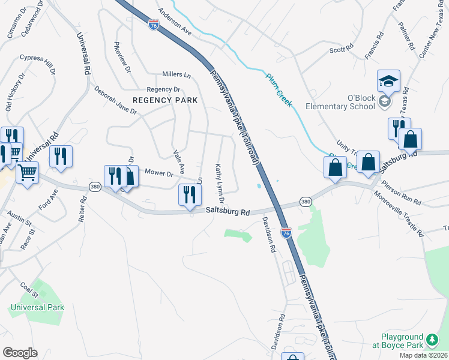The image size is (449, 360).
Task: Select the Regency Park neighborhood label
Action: pyautogui.click(x=165, y=100)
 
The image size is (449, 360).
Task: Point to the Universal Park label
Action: pyautogui.click(x=37, y=307)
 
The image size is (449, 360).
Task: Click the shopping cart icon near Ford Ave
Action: pyautogui.click(x=27, y=173)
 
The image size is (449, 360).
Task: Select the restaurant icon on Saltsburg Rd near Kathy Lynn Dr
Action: pyautogui.click(x=189, y=194)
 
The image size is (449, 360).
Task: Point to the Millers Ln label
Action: pyautogui.click(x=176, y=75)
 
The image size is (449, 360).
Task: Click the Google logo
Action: pyautogui.click(x=20, y=353)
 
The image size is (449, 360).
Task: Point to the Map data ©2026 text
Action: pyautogui.click(x=423, y=355)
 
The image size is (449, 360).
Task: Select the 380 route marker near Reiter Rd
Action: pyautogui.click(x=94, y=187)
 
